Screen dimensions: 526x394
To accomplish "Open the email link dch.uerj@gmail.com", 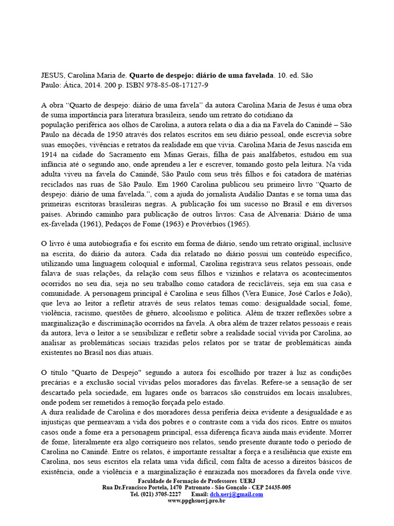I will click(x=240, y=494).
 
